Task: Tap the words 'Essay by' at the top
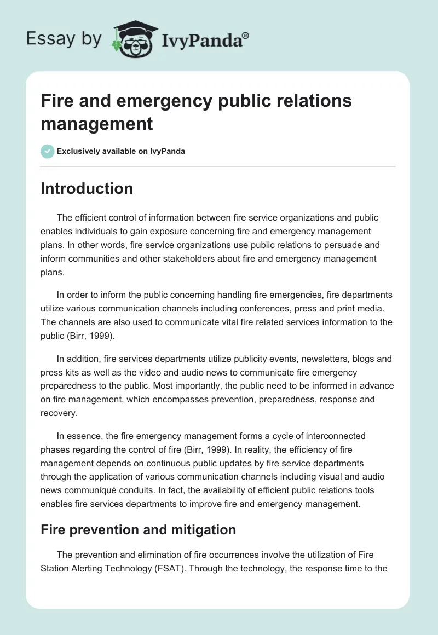point(64,38)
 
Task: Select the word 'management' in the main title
point(97,123)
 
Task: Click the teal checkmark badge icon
point(48,151)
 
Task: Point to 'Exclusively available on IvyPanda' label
point(120,151)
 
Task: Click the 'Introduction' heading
point(87,188)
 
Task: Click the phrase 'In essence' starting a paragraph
point(77,436)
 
